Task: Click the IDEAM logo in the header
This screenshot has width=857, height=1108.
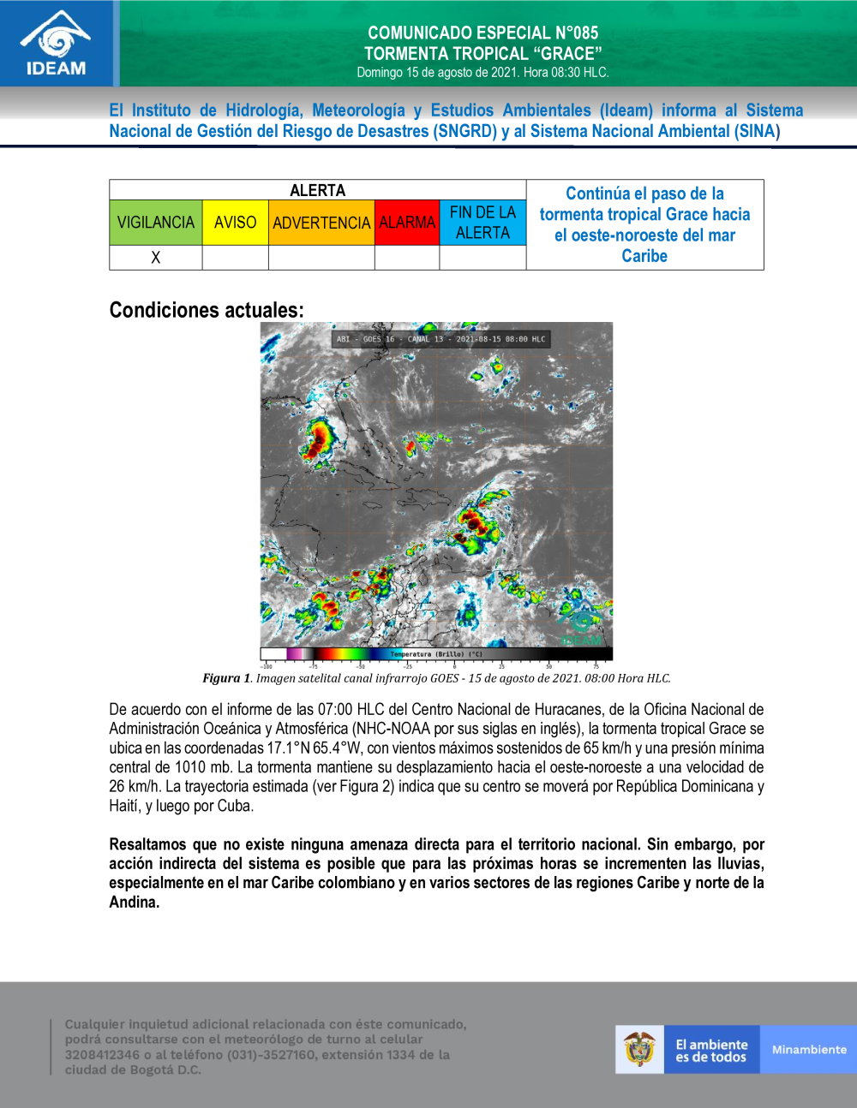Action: (56, 43)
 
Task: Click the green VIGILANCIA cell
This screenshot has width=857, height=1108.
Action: (156, 223)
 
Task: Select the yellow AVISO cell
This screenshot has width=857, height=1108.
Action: (235, 223)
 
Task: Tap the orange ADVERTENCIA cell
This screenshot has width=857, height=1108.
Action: (321, 223)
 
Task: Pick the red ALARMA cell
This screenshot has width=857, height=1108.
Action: (407, 223)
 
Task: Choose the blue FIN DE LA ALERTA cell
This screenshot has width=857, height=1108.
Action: (482, 223)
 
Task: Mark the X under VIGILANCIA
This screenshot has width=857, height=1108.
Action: (156, 258)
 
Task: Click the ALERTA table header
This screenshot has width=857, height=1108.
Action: (317, 190)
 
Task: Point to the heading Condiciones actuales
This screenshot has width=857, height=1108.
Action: (207, 310)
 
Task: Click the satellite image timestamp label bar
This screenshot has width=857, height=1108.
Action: (440, 339)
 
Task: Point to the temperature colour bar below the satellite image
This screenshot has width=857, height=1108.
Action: (436, 654)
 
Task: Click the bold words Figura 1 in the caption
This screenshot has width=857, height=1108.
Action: (226, 678)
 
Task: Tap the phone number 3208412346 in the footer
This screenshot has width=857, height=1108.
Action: (102, 1055)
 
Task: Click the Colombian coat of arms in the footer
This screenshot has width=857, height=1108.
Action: (639, 1049)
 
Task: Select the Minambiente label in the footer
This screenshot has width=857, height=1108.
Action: (808, 1050)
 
